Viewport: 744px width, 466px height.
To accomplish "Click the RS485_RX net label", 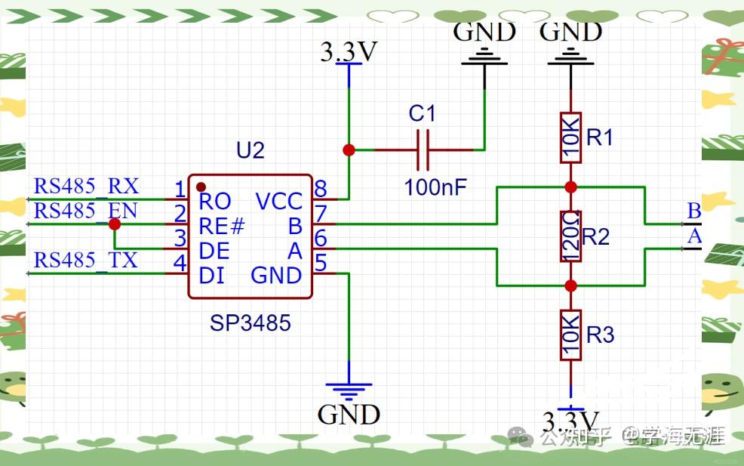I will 86,186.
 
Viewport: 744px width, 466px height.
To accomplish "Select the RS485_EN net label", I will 86,211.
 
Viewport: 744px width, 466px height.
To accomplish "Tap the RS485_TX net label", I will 86,261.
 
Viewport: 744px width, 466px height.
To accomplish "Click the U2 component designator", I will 251,151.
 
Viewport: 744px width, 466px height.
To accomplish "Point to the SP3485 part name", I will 251,323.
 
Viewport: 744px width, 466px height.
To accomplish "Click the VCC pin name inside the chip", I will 279,202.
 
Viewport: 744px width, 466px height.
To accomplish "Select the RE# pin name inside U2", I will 222,226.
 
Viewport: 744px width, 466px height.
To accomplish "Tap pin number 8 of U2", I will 321,189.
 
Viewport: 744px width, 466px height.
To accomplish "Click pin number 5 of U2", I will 321,263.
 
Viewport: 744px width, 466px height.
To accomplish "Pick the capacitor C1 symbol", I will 423,150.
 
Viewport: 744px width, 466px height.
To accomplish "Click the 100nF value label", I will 435,187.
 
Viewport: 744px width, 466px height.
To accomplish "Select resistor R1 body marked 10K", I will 570,137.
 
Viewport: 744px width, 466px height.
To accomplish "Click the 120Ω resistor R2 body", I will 570,236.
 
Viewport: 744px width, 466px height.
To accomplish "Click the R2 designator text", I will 596,237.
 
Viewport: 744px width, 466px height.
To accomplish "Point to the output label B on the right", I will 693,211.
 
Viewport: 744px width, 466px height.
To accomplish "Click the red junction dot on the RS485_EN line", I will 114,224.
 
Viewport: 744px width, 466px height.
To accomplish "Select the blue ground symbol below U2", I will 349,390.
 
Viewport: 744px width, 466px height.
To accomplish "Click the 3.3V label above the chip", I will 349,52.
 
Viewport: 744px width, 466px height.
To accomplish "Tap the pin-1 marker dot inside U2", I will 201,186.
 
